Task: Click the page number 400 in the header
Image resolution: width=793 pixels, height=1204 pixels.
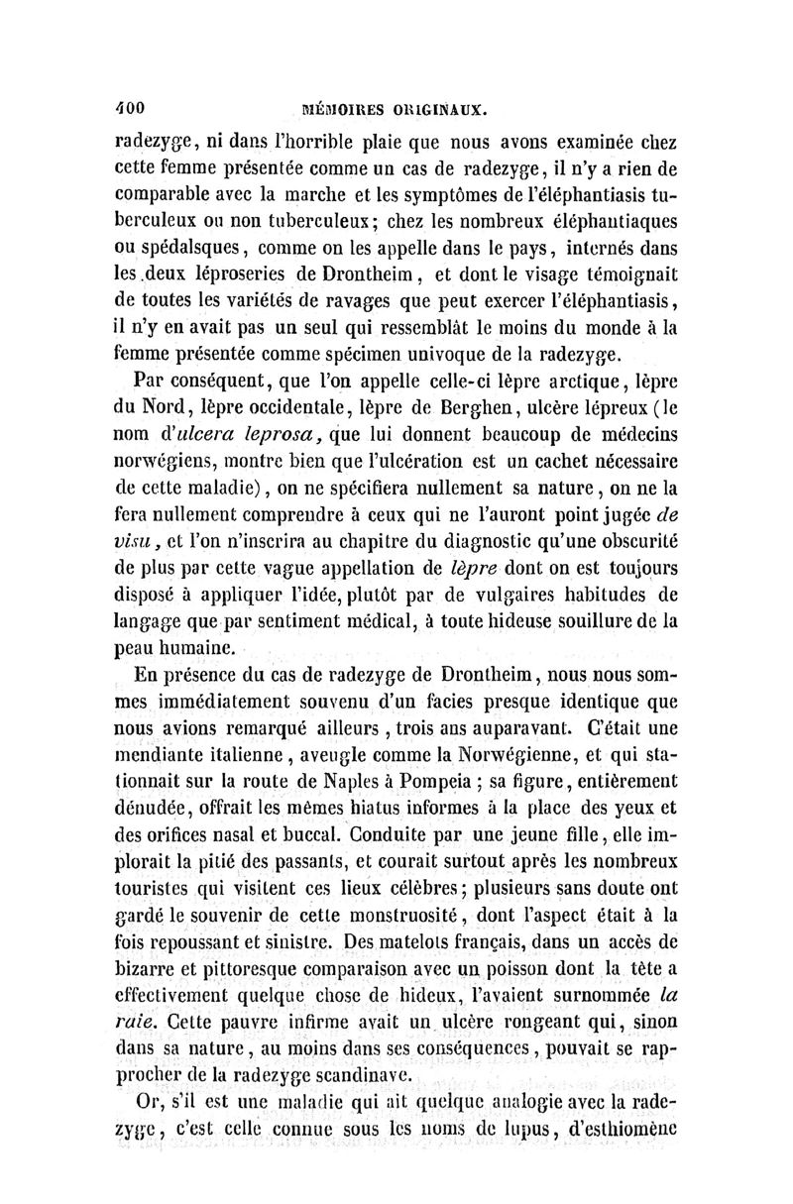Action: pos(131,104)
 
